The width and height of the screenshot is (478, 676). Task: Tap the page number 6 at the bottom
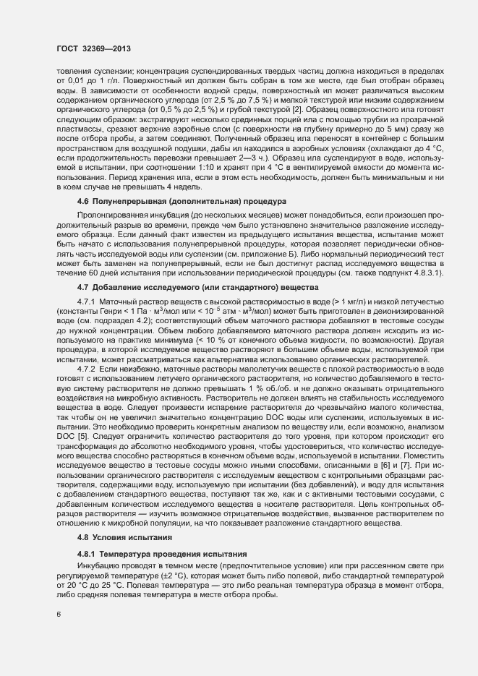pos(59,616)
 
